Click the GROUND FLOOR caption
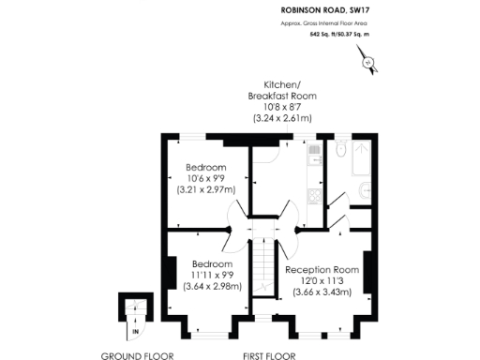tap(131, 356)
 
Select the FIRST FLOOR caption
tap(269, 356)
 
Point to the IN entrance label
tap(135, 331)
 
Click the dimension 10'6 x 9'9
tap(205, 178)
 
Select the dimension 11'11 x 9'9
tap(209, 275)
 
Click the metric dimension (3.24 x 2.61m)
tap(282, 118)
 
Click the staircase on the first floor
tap(264, 262)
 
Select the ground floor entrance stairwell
tap(133, 309)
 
